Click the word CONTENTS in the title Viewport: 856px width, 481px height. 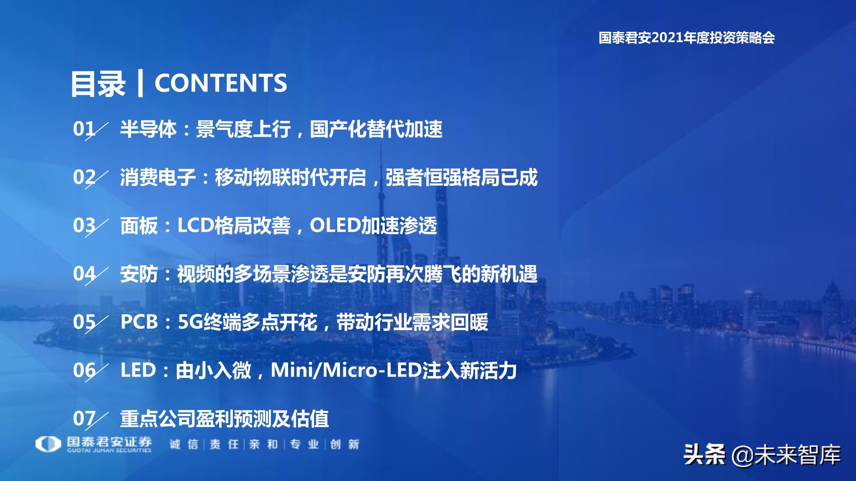pyautogui.click(x=220, y=83)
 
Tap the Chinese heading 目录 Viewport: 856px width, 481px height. pyautogui.click(x=98, y=84)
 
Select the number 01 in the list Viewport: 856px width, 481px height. pyautogui.click(x=84, y=129)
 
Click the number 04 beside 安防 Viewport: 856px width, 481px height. pyautogui.click(x=84, y=274)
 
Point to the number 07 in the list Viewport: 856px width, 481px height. pyautogui.click(x=84, y=419)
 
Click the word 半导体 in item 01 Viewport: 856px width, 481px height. pyautogui.click(x=148, y=129)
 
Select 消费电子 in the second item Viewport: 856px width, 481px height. pyautogui.click(x=158, y=177)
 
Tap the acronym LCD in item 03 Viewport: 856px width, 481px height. pyautogui.click(x=196, y=225)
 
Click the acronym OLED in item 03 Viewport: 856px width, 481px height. pyautogui.click(x=335, y=225)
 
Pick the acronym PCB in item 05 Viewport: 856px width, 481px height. pyautogui.click(x=140, y=322)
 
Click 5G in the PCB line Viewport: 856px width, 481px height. pyautogui.click(x=190, y=322)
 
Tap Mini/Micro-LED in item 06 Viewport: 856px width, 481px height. pyautogui.click(x=346, y=370)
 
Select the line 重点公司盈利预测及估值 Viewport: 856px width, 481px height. pyautogui.click(x=224, y=419)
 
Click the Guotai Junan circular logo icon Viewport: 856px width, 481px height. pyautogui.click(x=48, y=444)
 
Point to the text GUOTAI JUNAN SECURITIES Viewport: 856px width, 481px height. pyautogui.click(x=109, y=450)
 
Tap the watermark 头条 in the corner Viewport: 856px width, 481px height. pyautogui.click(x=704, y=455)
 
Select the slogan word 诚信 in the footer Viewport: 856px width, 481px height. pyautogui.click(x=184, y=445)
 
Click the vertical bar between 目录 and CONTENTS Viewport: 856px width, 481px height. pyautogui.click(x=140, y=83)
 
